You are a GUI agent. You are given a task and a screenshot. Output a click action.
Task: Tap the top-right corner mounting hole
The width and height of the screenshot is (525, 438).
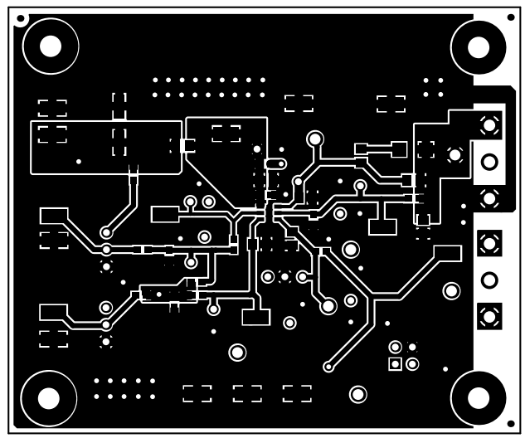point(479,45)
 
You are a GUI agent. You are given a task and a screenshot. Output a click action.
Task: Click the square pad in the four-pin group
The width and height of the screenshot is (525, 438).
point(395,363)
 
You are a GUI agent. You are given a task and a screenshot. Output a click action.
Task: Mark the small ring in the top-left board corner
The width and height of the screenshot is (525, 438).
point(21,17)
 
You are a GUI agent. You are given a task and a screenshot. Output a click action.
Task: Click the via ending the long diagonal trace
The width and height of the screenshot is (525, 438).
point(328,364)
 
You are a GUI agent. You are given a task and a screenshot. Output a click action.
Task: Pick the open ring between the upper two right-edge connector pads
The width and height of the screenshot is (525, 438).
point(489,161)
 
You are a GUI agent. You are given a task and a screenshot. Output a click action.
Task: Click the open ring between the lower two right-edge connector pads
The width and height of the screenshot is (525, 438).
point(489,280)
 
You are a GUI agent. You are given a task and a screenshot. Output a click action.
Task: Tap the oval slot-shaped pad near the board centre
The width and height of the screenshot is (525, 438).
point(276,164)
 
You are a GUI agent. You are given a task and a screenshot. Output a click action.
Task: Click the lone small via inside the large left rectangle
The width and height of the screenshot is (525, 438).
point(79,161)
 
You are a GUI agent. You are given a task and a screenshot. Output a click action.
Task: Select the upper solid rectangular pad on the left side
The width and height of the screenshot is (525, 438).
point(52,216)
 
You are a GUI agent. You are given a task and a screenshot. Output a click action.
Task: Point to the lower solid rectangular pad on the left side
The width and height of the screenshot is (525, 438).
point(52,313)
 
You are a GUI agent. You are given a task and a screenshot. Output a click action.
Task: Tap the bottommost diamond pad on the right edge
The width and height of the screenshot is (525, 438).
point(489,316)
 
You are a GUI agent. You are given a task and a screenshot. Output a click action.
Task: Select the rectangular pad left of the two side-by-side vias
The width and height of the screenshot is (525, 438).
point(165,214)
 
